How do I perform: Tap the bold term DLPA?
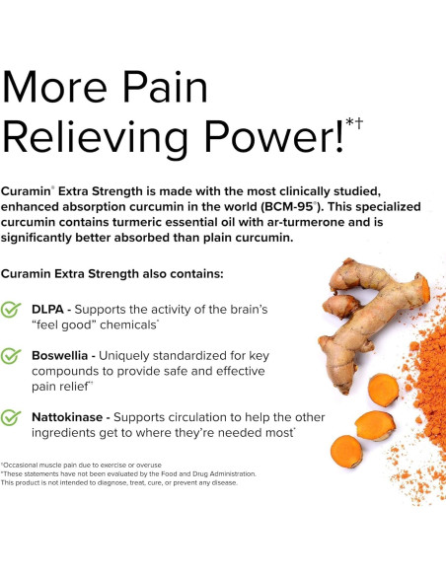50,309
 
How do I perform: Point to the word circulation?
202,416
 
